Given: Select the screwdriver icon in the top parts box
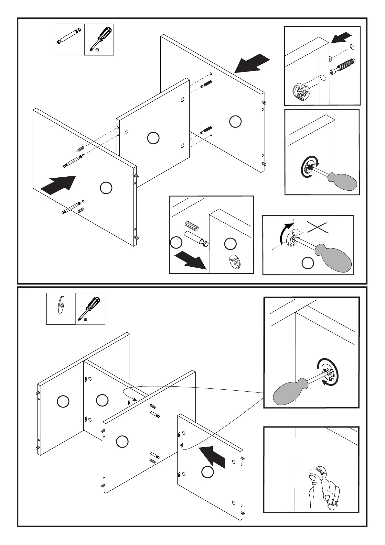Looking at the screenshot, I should (x=100, y=39).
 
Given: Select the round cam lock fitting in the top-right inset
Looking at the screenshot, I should (x=301, y=94).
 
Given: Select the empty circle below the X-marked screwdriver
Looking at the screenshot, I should (x=307, y=263).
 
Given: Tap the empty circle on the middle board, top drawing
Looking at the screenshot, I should (x=153, y=138).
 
